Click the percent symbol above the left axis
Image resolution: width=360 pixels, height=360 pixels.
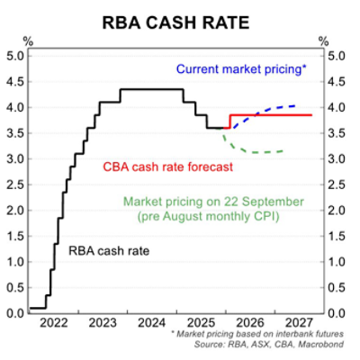pyautogui.click(x=27, y=41)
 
